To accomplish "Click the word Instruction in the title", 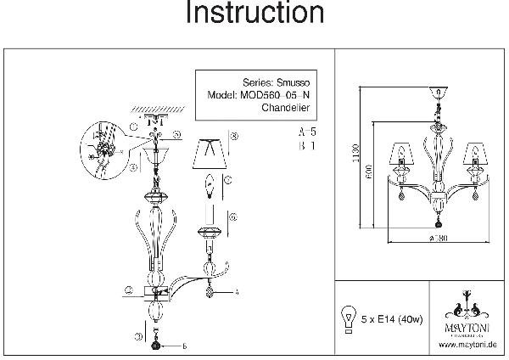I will [255, 14].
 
